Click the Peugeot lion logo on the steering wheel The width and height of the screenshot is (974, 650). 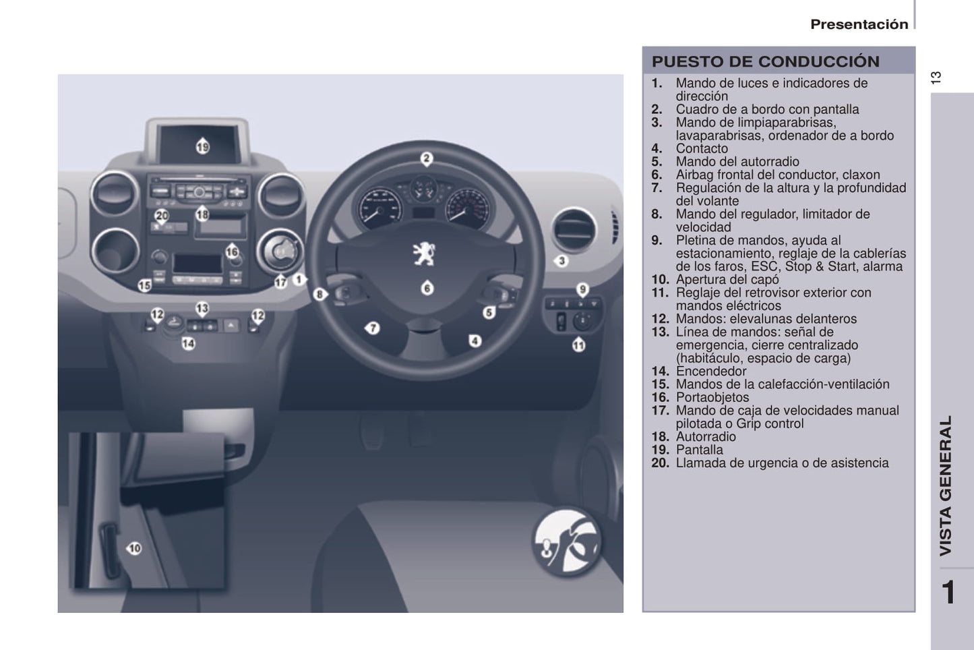pyautogui.click(x=423, y=254)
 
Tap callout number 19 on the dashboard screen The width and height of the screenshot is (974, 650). pyautogui.click(x=203, y=146)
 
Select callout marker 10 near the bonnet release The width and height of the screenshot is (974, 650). pyautogui.click(x=134, y=548)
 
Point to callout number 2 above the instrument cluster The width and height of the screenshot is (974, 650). pyautogui.click(x=427, y=158)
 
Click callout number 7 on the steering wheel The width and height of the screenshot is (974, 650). pyautogui.click(x=372, y=328)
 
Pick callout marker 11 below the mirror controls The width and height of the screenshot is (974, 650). pyautogui.click(x=579, y=345)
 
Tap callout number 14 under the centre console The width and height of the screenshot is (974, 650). pyautogui.click(x=188, y=344)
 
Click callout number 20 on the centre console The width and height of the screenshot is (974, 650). pyautogui.click(x=162, y=216)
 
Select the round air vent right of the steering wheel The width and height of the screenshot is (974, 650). pyautogui.click(x=574, y=230)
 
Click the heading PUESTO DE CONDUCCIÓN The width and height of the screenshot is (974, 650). pyautogui.click(x=765, y=61)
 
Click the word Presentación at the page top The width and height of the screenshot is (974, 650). pyautogui.click(x=859, y=24)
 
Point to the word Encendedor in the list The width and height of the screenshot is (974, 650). pyautogui.click(x=711, y=371)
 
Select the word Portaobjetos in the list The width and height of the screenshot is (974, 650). pyautogui.click(x=712, y=397)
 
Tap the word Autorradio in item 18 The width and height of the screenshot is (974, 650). pyautogui.click(x=706, y=436)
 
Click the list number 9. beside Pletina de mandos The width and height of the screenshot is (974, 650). pyautogui.click(x=657, y=240)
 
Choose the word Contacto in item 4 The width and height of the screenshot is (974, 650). pyautogui.click(x=702, y=148)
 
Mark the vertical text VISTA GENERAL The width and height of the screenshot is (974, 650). pyautogui.click(x=946, y=485)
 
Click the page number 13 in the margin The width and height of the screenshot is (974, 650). pyautogui.click(x=936, y=78)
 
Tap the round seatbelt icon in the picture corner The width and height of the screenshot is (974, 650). pyautogui.click(x=567, y=542)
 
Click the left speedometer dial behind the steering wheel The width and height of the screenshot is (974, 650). pyautogui.click(x=379, y=209)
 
